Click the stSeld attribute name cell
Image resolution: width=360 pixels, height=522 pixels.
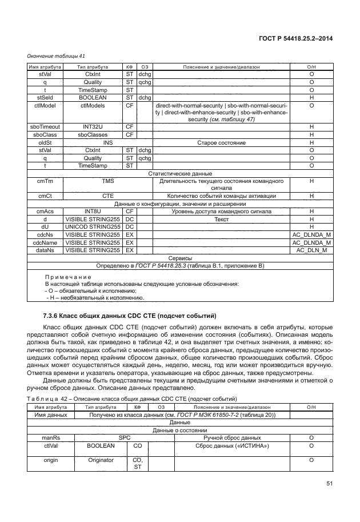45,98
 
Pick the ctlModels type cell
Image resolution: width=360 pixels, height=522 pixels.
92,106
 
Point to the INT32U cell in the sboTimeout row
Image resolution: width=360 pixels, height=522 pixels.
92,126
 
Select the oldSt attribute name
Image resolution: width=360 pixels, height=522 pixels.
45,142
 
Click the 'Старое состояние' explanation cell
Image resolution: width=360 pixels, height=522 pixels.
221,142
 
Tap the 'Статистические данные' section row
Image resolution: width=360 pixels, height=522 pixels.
180,173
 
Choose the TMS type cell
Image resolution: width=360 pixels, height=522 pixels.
108,181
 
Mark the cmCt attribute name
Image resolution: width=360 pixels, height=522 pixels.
45,196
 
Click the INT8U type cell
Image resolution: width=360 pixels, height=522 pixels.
92,211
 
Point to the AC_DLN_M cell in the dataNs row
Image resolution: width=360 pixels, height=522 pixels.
312,250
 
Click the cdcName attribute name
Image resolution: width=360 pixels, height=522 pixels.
45,242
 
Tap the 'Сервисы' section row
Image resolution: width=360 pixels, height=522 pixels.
180,258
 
